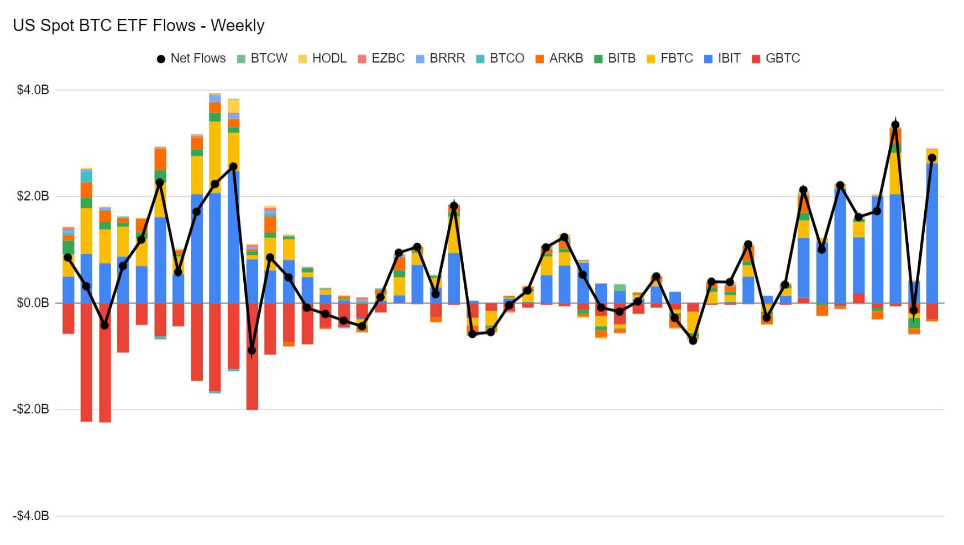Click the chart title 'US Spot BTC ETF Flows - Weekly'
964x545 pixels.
click(139, 25)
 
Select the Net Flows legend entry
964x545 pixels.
click(191, 58)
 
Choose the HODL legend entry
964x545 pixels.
click(322, 58)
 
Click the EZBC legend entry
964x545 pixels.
click(381, 58)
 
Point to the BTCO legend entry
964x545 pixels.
click(500, 58)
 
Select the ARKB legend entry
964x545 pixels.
click(559, 58)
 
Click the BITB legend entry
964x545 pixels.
click(615, 58)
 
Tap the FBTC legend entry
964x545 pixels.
click(669, 58)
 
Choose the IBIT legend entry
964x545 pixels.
click(722, 58)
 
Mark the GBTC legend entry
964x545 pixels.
click(776, 58)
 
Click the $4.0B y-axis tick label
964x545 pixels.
click(33, 90)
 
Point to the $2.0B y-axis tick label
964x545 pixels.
click(33, 196)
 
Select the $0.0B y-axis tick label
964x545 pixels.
click(33, 303)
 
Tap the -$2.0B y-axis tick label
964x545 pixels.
click(31, 409)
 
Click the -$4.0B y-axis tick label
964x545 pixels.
click(31, 516)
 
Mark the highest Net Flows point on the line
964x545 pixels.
click(895, 125)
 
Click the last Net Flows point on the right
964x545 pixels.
click(932, 158)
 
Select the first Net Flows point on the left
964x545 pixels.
click(68, 258)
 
